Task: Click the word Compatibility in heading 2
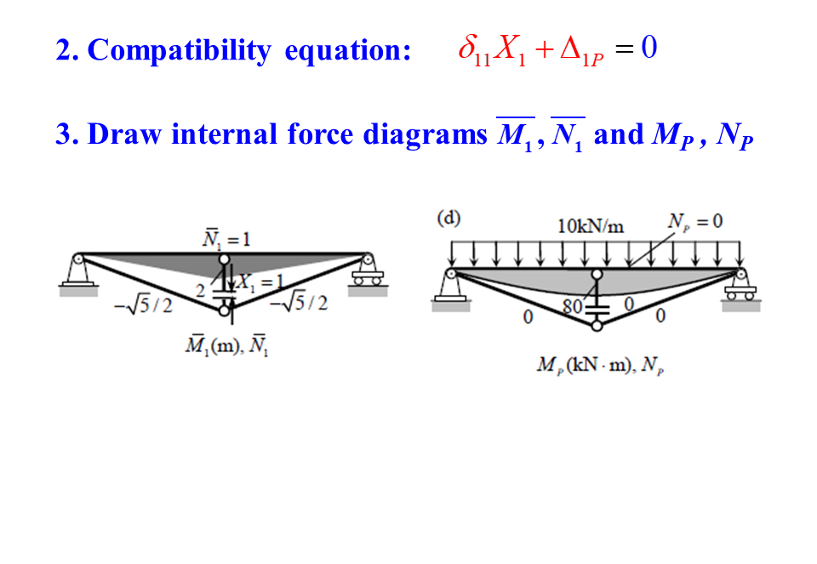tap(179, 51)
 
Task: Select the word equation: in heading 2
tap(348, 51)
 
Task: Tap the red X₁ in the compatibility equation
tap(511, 50)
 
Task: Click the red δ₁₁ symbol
tap(474, 50)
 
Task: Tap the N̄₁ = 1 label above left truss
tap(226, 239)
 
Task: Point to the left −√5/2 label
tap(143, 305)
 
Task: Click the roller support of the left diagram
tap(368, 274)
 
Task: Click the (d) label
tap(448, 218)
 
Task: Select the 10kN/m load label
tap(591, 226)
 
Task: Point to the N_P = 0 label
tap(695, 221)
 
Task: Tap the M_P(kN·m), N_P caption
tap(601, 366)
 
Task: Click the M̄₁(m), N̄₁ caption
tap(226, 348)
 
